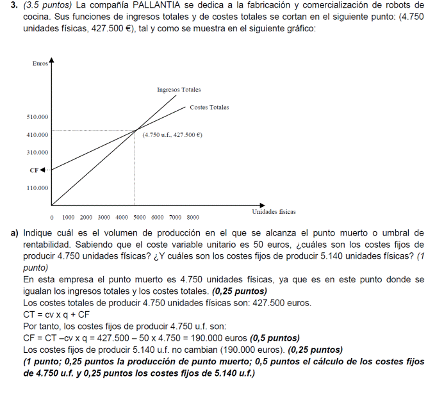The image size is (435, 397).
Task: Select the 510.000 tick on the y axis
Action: click(x=37, y=117)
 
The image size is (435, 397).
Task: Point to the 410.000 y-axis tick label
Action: click(x=37, y=135)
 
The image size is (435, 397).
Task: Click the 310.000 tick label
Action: click(x=37, y=152)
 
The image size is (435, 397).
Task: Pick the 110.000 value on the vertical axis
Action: click(x=37, y=188)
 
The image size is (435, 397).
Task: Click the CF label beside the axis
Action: click(x=34, y=170)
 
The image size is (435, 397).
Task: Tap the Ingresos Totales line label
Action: click(x=179, y=90)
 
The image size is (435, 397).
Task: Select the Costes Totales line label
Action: click(x=209, y=107)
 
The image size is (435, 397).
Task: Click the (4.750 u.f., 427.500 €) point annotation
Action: click(x=172, y=135)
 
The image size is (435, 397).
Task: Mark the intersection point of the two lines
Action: click(x=135, y=131)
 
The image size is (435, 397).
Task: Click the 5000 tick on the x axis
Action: click(x=140, y=218)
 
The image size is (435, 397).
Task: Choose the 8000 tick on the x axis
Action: click(x=193, y=218)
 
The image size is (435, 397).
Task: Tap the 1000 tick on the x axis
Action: click(x=69, y=218)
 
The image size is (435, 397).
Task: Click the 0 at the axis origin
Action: click(x=51, y=218)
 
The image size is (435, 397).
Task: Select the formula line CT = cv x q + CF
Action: click(x=56, y=314)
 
